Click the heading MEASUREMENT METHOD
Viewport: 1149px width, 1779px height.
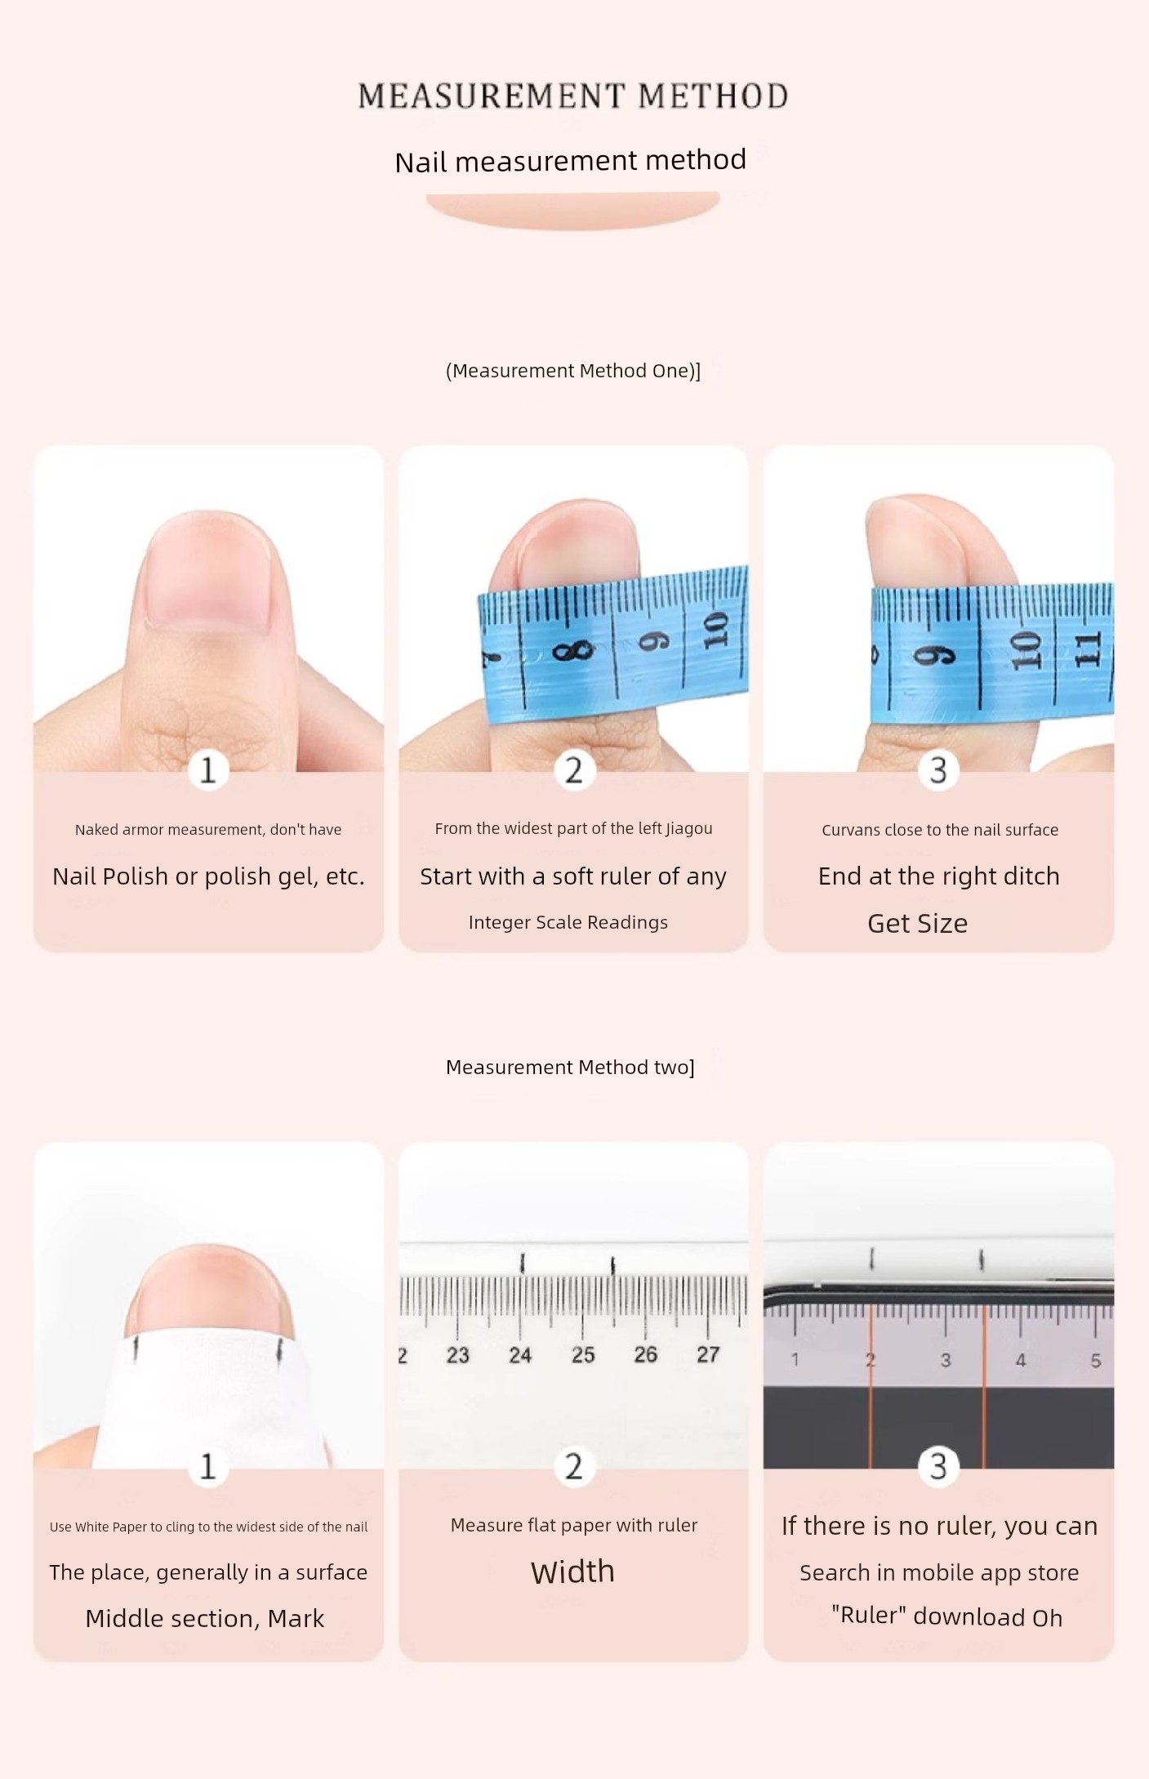[x=573, y=96]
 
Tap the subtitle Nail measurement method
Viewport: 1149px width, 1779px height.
[x=570, y=160]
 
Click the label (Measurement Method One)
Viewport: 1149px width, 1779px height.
[x=573, y=371]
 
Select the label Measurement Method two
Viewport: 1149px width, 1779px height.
[x=570, y=1067]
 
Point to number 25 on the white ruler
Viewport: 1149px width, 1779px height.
[x=583, y=1355]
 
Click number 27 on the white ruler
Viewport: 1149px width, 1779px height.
[x=708, y=1354]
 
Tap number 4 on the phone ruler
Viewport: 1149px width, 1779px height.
[x=1021, y=1360]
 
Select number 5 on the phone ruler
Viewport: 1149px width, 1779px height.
[x=1096, y=1360]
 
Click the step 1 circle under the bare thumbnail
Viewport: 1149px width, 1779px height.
[x=208, y=769]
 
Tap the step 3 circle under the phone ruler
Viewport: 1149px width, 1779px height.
[x=938, y=1466]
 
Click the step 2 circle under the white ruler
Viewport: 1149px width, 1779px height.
[x=574, y=1466]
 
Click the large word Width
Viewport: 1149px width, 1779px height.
[x=572, y=1572]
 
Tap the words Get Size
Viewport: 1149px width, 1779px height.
[x=917, y=923]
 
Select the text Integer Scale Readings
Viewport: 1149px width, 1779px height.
[x=568, y=922]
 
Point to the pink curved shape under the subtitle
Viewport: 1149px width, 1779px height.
[x=572, y=209]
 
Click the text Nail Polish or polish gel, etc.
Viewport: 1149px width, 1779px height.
[x=208, y=876]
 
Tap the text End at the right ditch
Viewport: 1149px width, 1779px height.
[x=939, y=876]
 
